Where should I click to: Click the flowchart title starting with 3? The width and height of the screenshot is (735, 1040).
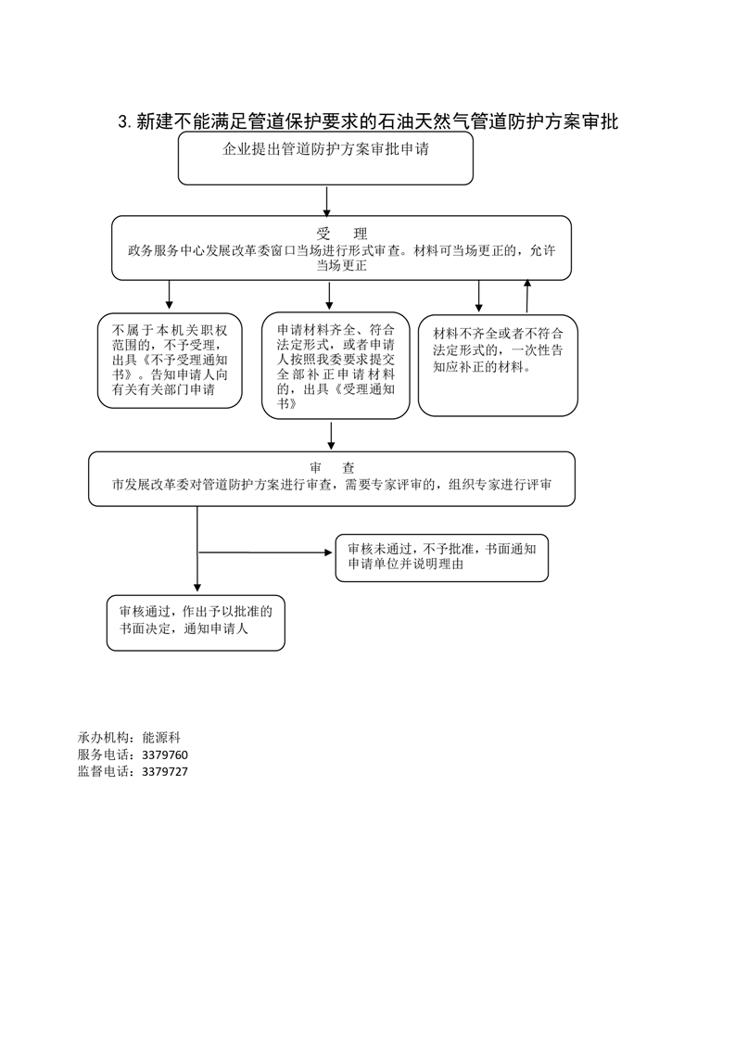368,121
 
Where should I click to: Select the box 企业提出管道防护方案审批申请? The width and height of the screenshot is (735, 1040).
325,158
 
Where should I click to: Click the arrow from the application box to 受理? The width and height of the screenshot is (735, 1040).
327,200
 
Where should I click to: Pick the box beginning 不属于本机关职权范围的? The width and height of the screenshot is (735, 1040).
170,361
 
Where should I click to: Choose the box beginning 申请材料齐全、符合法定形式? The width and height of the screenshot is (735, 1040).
330,366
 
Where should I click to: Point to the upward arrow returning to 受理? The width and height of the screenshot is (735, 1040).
526,296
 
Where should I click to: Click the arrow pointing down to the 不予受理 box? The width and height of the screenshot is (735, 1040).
170,295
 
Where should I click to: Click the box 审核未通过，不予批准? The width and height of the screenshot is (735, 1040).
441,557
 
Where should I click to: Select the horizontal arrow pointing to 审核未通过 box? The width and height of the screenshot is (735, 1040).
265,552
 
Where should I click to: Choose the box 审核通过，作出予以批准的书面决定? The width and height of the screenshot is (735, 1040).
196,621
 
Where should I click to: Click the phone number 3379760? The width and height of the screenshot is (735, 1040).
165,755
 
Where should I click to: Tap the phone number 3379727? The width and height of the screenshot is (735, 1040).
165,771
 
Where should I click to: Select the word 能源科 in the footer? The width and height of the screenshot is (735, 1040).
161,738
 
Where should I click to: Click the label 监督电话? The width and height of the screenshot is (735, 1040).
104,771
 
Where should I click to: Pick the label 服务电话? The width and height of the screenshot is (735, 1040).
104,755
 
